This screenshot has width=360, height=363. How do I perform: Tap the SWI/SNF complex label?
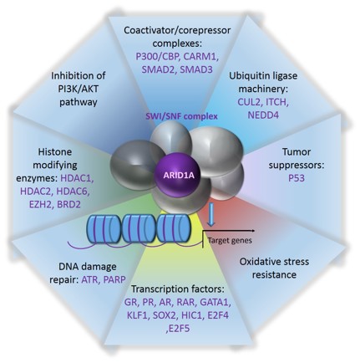[181, 116]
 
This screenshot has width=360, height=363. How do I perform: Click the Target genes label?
[230, 240]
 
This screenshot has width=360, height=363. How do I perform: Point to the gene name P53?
[297, 178]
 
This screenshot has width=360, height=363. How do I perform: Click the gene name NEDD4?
[263, 115]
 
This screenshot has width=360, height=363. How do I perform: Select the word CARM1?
[200, 56]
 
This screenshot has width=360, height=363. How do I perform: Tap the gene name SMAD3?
[196, 69]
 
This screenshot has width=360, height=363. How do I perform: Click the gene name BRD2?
[68, 205]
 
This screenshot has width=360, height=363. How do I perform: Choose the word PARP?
[114, 279]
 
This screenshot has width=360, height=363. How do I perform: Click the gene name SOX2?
[165, 315]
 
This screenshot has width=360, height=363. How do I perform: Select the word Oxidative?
[259, 262]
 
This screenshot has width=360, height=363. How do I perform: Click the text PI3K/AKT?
[79, 89]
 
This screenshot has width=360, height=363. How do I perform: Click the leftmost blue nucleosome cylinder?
[104, 228]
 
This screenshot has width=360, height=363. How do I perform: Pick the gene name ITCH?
[276, 102]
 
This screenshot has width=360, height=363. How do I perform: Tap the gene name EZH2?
[40, 205]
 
